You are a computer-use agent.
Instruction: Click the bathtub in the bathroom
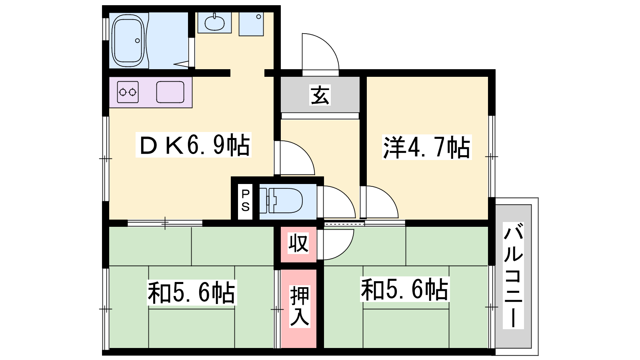tap(128, 40)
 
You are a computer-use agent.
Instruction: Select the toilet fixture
tap(281, 200)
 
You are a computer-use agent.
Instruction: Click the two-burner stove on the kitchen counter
tap(128, 92)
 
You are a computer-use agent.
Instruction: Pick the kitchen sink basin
tap(170, 92)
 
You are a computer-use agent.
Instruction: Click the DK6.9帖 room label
tap(194, 145)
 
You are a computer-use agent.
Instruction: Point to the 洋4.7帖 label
tap(426, 147)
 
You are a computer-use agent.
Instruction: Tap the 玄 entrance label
tap(320, 95)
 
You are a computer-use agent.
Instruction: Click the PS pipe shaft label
tap(246, 200)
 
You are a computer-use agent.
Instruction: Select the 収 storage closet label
tap(298, 244)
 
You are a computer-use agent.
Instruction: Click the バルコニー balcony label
tap(514, 275)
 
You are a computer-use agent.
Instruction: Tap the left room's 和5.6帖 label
tap(192, 292)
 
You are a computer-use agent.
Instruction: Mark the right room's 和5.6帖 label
tap(404, 289)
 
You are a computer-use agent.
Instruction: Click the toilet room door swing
tap(336, 202)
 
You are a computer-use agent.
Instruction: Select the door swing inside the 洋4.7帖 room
tap(379, 202)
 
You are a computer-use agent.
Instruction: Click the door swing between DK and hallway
tap(294, 158)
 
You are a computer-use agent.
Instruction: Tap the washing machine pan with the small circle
tap(251, 24)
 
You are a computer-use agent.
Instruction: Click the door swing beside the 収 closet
tap(336, 244)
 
